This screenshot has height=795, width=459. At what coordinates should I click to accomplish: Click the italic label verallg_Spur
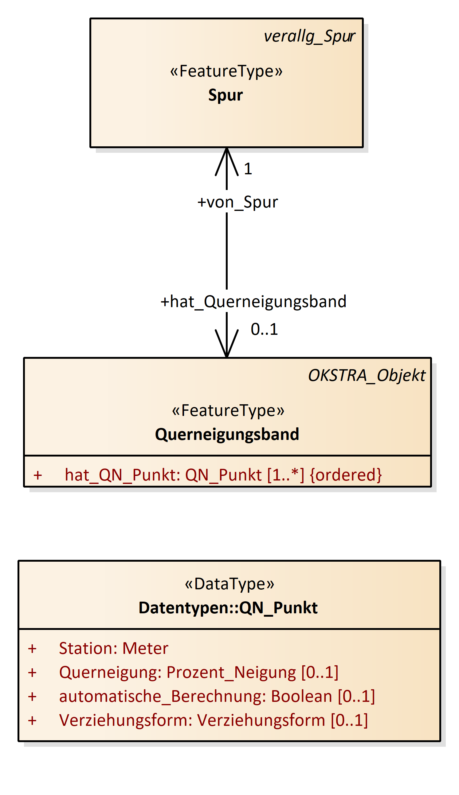pyautogui.click(x=309, y=36)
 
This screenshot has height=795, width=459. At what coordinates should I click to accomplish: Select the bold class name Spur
pyautogui.click(x=226, y=95)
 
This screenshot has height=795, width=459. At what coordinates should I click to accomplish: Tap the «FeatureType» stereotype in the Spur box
pyautogui.click(x=226, y=71)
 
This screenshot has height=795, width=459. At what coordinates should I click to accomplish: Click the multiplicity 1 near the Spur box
pyautogui.click(x=248, y=169)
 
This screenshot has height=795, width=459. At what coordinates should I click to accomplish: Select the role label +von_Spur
pyautogui.click(x=237, y=202)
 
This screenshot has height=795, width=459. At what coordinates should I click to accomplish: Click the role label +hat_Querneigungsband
pyautogui.click(x=253, y=302)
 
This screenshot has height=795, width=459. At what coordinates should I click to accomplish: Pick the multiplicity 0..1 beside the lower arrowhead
pyautogui.click(x=264, y=330)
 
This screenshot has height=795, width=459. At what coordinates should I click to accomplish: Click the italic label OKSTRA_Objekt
pyautogui.click(x=367, y=376)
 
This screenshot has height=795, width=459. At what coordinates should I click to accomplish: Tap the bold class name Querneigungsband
pyautogui.click(x=227, y=435)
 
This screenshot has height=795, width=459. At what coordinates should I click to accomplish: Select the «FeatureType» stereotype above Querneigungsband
pyautogui.click(x=228, y=411)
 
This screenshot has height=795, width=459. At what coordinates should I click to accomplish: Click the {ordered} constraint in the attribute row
pyautogui.click(x=346, y=475)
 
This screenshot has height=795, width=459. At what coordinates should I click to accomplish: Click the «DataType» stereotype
pyautogui.click(x=229, y=584)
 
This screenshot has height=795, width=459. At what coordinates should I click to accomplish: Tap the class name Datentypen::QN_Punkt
pyautogui.click(x=228, y=608)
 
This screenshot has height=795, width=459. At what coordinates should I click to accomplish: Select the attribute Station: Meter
pyautogui.click(x=113, y=649)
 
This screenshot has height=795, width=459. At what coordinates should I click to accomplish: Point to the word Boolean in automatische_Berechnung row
pyautogui.click(x=301, y=697)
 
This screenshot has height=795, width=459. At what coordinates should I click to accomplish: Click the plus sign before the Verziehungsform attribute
pyautogui.click(x=32, y=721)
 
